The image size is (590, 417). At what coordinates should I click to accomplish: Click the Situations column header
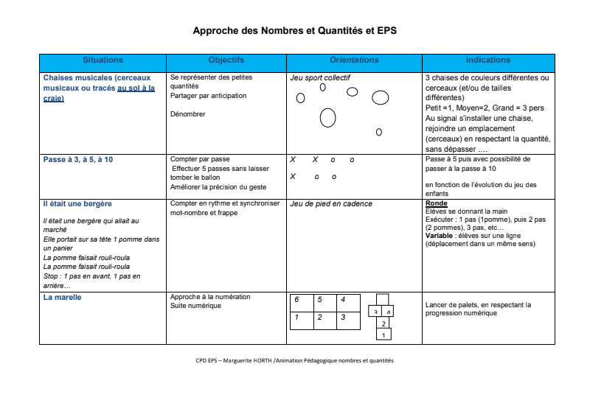point(103,60)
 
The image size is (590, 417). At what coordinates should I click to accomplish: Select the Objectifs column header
point(226,60)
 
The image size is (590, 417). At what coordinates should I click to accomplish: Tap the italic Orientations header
point(354,60)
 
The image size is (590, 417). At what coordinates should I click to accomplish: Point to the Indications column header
point(488,60)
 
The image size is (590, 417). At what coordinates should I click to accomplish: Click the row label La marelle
point(62,298)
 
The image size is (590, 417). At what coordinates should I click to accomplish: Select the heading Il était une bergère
point(77,203)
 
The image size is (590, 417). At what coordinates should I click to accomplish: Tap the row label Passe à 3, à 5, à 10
point(78,159)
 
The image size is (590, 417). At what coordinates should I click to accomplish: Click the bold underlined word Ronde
point(437,203)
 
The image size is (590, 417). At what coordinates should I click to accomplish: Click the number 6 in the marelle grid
point(296,300)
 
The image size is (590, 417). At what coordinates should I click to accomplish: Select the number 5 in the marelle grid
point(319,300)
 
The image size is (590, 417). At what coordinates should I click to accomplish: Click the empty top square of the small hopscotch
point(381,299)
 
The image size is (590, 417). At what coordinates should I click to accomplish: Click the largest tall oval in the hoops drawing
point(327,117)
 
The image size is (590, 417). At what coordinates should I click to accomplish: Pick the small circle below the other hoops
point(378,133)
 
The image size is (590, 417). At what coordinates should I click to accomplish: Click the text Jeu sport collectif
point(320,77)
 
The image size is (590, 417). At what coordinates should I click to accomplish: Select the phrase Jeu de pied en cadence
point(331,204)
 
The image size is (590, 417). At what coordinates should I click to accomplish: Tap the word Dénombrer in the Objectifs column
point(187,114)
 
